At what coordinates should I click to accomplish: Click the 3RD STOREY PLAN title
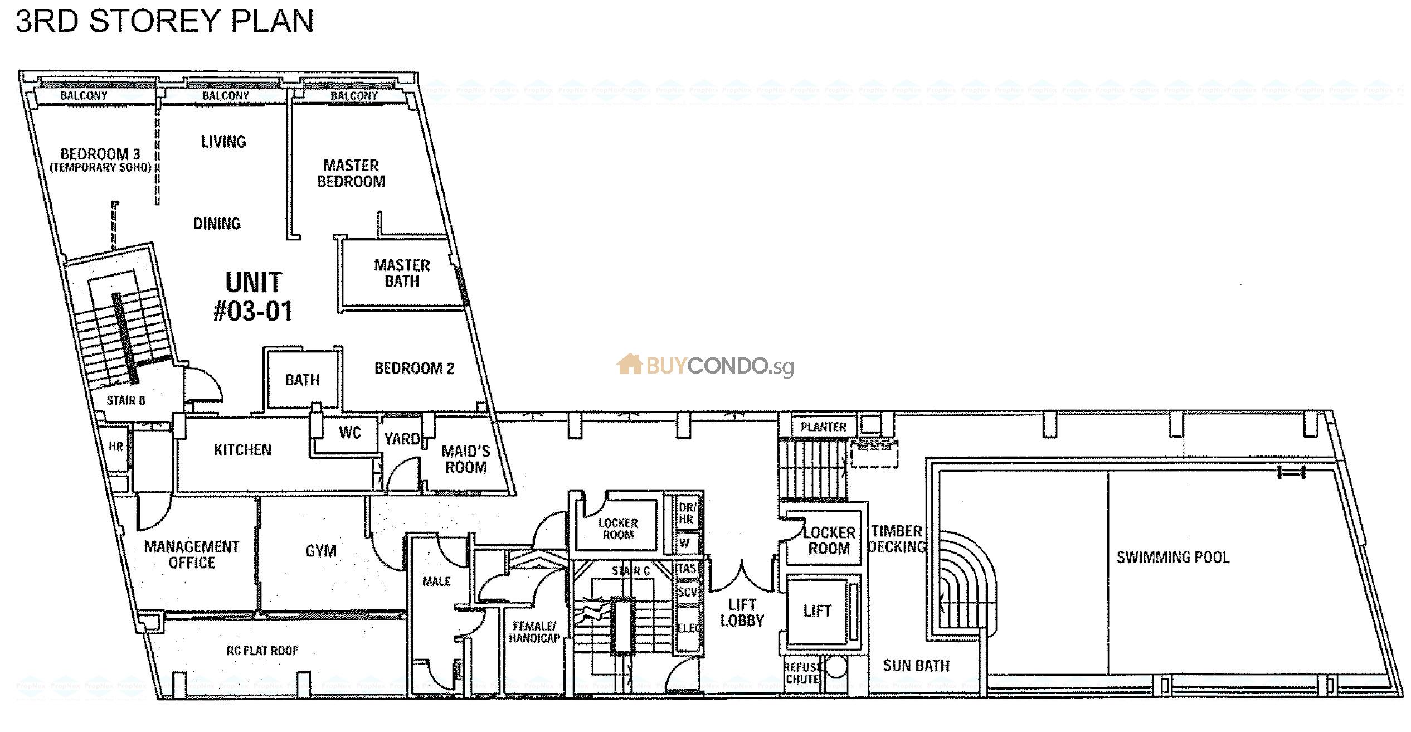pos(164,21)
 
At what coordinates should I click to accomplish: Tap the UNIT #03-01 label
pos(254,297)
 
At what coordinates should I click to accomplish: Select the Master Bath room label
pos(402,273)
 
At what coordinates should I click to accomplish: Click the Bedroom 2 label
pos(414,368)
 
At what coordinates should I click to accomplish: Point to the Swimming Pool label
pos(1172,557)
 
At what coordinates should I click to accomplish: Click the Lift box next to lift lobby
pos(817,611)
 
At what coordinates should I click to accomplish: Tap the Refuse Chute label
pos(802,673)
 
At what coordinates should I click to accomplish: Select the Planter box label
pos(823,427)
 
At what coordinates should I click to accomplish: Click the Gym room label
pos(321,551)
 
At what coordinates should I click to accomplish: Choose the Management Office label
pos(192,555)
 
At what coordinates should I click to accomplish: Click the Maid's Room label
pos(465,459)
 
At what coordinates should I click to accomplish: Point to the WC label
pos(350,433)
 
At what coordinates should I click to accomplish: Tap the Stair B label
pos(126,401)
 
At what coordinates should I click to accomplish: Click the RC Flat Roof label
pos(262,651)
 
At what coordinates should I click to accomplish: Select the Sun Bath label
pos(916,666)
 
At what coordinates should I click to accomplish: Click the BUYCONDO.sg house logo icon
pos(630,365)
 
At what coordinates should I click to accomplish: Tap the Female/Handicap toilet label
pos(534,632)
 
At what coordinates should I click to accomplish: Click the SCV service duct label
pos(687,593)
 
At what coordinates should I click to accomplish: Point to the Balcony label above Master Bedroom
pos(354,96)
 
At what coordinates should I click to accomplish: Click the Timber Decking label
pos(897,539)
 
